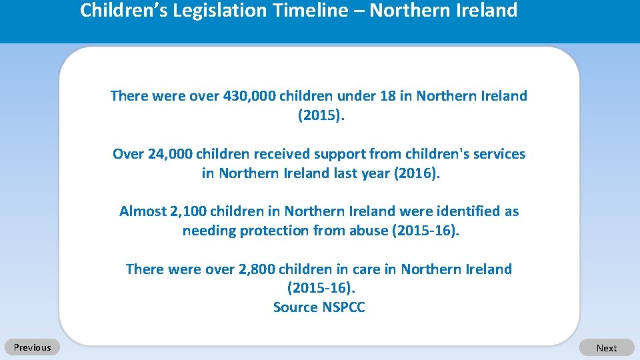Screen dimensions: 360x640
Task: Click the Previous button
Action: tap(32, 347)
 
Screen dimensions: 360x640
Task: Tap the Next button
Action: tap(607, 348)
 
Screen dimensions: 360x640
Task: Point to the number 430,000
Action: tap(249, 96)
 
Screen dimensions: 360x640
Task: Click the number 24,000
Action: tap(169, 154)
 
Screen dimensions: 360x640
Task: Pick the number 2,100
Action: tap(189, 211)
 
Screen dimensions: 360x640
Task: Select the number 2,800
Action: tap(257, 269)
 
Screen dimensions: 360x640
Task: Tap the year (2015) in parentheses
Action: tap(321, 115)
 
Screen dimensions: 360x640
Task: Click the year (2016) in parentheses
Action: tap(417, 173)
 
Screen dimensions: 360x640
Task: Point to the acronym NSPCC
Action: tap(344, 307)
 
